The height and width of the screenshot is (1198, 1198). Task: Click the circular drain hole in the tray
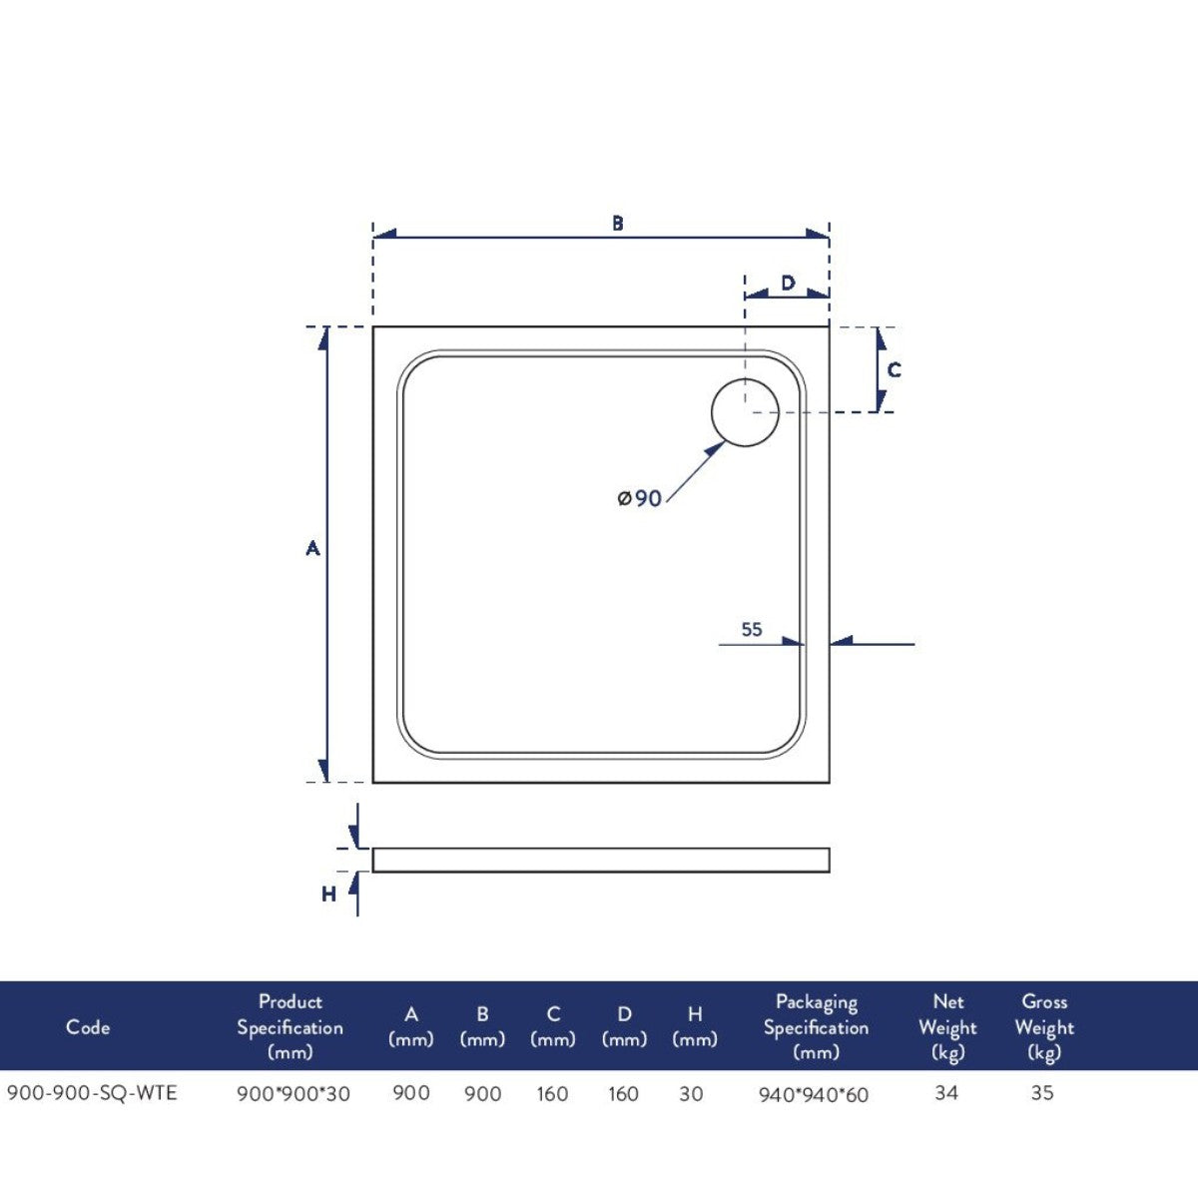coord(745,412)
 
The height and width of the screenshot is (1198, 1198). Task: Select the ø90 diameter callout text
coord(640,497)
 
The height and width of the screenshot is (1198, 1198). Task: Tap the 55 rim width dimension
coord(752,629)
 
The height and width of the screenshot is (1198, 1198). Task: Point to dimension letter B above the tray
coord(618,224)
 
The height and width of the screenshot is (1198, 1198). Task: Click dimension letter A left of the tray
coord(312,548)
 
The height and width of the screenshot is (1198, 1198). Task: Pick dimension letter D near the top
coord(788,284)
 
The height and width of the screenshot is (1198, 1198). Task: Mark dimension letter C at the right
coord(894,370)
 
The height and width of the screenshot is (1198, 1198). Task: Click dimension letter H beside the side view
coord(328,895)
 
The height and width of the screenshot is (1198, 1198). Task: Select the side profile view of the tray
coord(601,860)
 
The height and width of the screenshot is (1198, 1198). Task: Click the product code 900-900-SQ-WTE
coord(92,1093)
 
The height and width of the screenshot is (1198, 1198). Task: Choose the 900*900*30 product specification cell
coord(293,1094)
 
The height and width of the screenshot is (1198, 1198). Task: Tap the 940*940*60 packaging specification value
coord(814,1095)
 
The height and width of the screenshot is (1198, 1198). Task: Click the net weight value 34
coord(946,1093)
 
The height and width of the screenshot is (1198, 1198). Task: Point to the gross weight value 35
coord(1042,1093)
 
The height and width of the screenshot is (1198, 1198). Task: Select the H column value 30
coord(691,1094)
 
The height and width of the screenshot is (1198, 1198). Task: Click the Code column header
coord(88,1027)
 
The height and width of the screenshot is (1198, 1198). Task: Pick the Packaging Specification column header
coord(816,1027)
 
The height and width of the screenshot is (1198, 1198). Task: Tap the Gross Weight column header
coord(1044,1027)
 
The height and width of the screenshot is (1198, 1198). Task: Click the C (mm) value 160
coord(552,1094)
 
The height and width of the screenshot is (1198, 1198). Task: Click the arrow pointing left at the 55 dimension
coord(842,641)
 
